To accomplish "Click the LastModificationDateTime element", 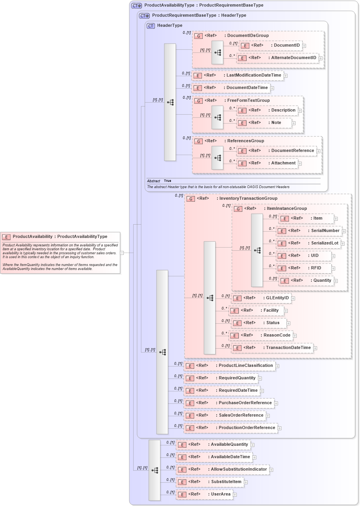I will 238,75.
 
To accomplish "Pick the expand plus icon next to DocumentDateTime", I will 272,88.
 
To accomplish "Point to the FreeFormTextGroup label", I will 248,101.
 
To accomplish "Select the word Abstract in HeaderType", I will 153,181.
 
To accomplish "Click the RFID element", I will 304,268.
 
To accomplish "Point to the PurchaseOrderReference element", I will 229,403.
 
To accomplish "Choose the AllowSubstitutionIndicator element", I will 223,469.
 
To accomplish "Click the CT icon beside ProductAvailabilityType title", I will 137,6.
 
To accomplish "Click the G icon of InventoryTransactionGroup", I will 191,199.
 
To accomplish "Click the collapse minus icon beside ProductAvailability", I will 122,253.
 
